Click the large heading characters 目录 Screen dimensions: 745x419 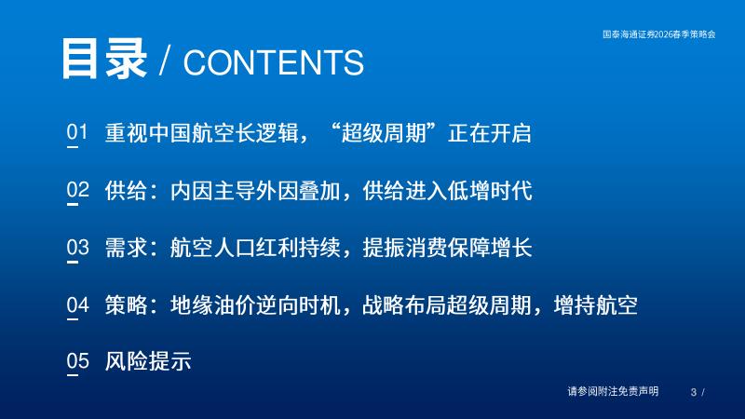pyautogui.click(x=104, y=59)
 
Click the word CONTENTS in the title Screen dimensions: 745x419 pyautogui.click(x=274, y=62)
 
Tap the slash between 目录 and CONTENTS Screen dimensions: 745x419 pyautogui.click(x=165, y=61)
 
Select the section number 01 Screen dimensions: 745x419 pyautogui.click(x=77, y=132)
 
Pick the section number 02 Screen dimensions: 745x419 pyautogui.click(x=77, y=190)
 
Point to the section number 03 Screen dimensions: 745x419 pyautogui.click(x=77, y=247)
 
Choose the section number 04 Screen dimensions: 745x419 pyautogui.click(x=77, y=304)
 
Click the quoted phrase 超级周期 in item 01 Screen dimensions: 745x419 pyautogui.click(x=384, y=132)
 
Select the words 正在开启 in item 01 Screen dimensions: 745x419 pyautogui.click(x=490, y=132)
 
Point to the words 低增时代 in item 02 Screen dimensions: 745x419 pyautogui.click(x=490, y=190)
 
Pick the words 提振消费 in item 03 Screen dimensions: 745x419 pyautogui.click(x=405, y=248)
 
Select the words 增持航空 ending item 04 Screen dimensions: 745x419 pyautogui.click(x=596, y=305)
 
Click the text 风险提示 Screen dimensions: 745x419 pyautogui.click(x=148, y=361)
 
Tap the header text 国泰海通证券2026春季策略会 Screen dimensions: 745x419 pyautogui.click(x=659, y=34)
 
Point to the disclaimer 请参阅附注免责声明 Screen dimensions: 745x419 pyautogui.click(x=613, y=391)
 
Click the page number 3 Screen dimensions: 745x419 pyautogui.click(x=694, y=392)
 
